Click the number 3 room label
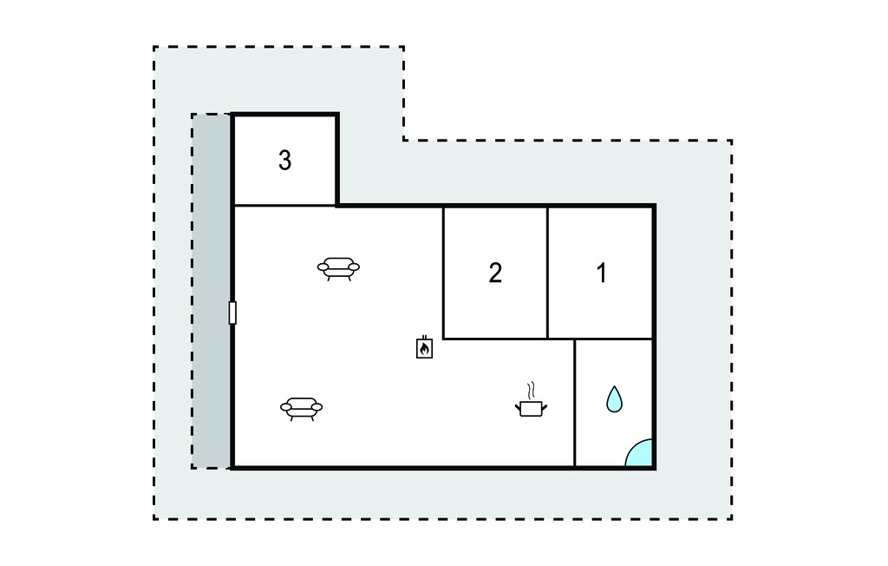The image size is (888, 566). coord(284,161)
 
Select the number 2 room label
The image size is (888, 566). coord(495,273)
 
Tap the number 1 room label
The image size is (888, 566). coord(602,273)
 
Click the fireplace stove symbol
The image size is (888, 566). coord(424,347)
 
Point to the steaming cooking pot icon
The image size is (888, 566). coord(532,400)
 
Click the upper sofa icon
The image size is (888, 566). coord(339,268)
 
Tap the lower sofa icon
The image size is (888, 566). coord(301,409)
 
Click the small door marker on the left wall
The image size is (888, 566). coord(232,313)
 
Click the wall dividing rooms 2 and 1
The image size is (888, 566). coord(548,273)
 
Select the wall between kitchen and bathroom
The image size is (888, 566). coord(575,404)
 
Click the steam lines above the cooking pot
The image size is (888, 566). coord(531,390)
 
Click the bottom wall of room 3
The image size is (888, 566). coord(284,205)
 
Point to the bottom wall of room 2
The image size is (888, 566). coord(495,339)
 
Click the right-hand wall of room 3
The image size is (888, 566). coord(337,160)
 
